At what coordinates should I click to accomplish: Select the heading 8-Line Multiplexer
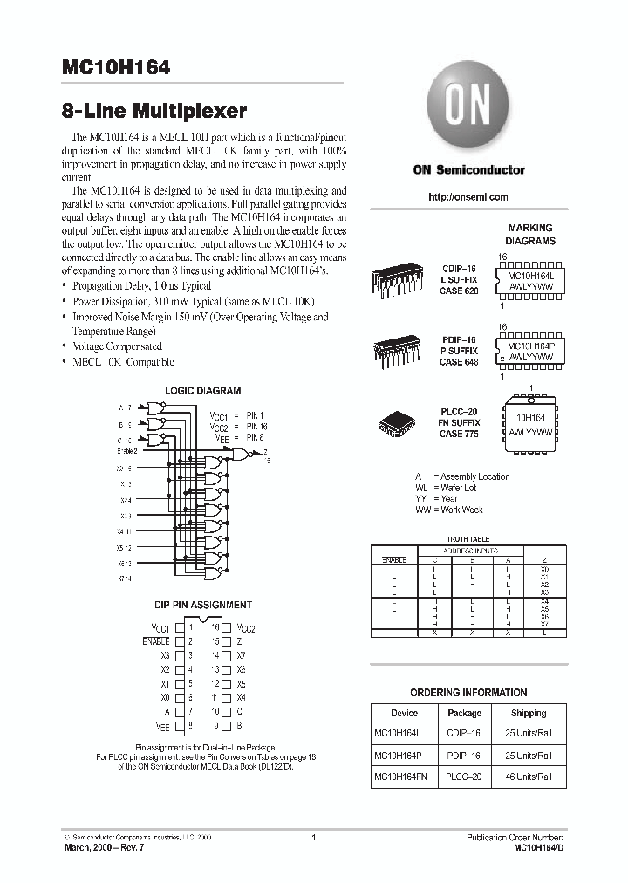[154, 111]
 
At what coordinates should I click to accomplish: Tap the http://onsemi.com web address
[468, 197]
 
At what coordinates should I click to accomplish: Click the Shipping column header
[529, 712]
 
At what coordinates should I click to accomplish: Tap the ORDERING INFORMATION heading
[468, 693]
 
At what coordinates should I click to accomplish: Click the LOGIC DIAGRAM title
[202, 391]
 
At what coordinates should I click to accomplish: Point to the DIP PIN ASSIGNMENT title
[202, 604]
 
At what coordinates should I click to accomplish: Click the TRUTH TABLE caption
[468, 540]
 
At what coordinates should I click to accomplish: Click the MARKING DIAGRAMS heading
[530, 234]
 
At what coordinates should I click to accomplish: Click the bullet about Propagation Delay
[141, 286]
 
